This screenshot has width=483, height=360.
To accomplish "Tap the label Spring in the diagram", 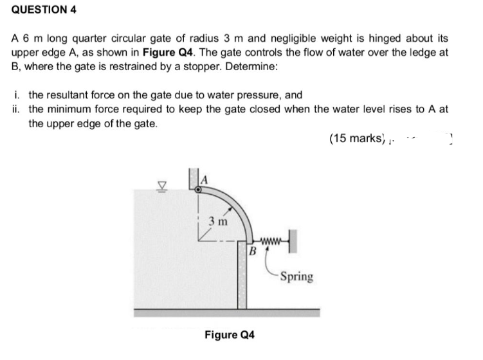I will (x=296, y=276).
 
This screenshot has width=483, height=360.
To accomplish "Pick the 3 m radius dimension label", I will (x=216, y=221).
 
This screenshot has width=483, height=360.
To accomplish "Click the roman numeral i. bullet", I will (x=16, y=94).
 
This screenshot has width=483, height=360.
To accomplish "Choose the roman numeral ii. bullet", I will (x=17, y=108).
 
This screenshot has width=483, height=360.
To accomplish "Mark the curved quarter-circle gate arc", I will (x=237, y=206).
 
